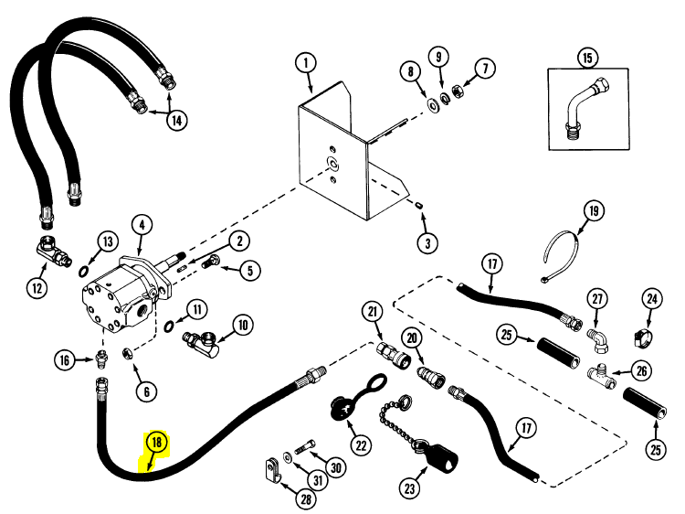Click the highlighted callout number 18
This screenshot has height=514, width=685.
(157, 443)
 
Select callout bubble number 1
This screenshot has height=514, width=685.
(305, 63)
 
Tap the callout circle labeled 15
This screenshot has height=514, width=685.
(585, 59)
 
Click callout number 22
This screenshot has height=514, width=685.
(362, 445)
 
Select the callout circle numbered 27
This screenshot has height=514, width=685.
(597, 299)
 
